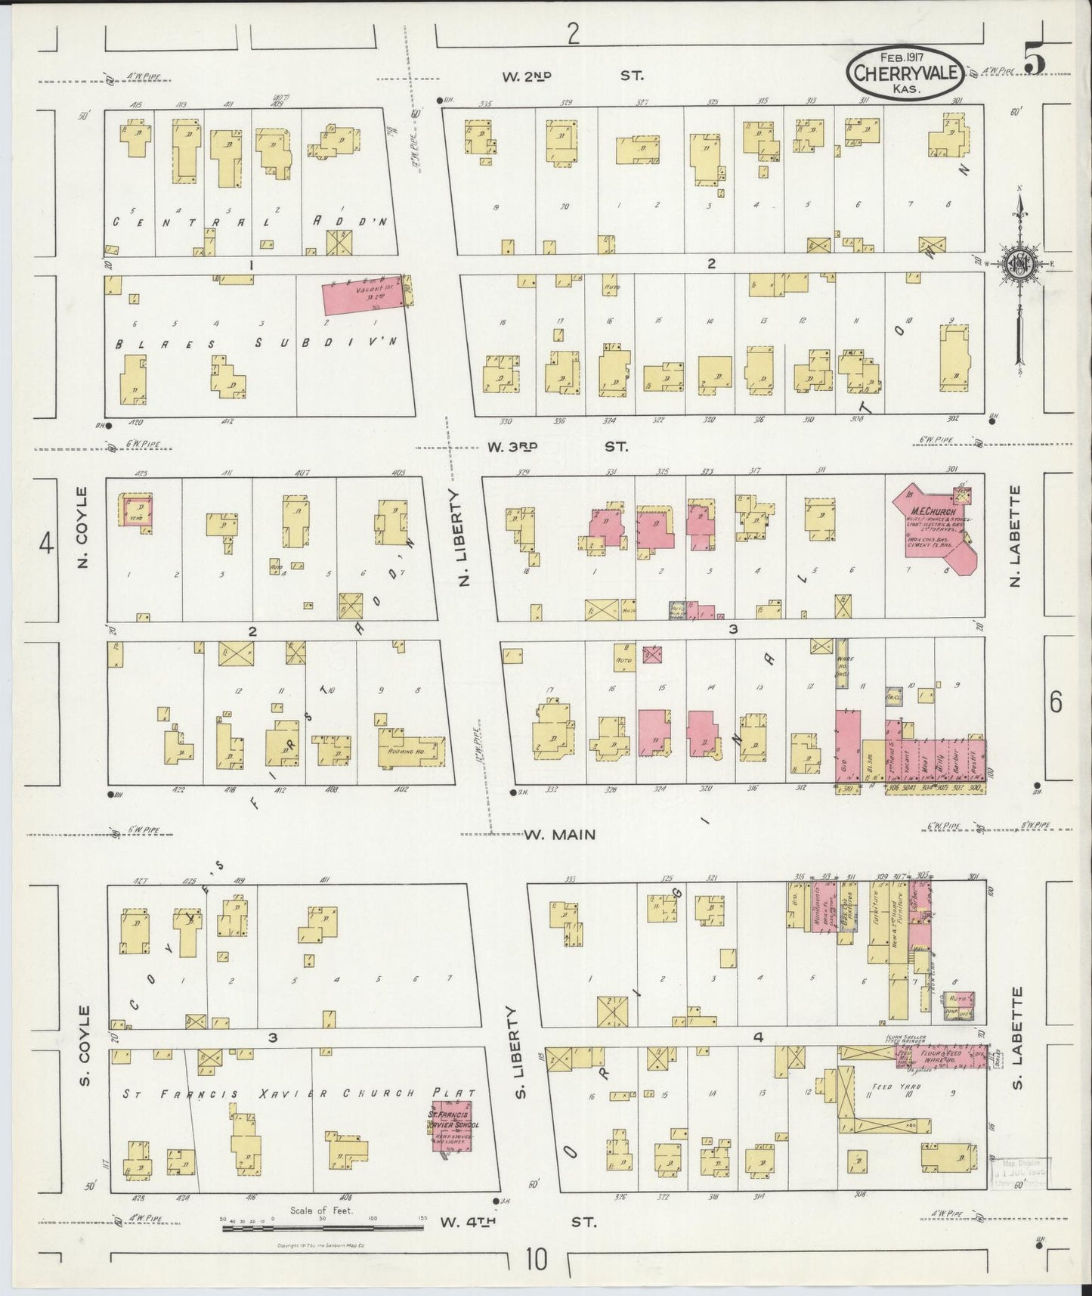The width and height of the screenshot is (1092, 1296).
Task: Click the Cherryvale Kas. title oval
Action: (904, 73)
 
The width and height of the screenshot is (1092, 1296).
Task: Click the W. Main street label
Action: (560, 835)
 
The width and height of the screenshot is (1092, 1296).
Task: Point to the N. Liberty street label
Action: (464, 537)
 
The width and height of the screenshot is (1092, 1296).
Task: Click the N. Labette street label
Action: (1016, 535)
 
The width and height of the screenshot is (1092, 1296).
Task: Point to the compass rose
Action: (1020, 264)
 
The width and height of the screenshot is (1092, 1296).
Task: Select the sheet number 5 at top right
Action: (1035, 60)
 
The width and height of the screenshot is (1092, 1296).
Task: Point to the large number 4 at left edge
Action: (47, 544)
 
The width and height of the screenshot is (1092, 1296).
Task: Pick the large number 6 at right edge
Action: (1056, 702)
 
